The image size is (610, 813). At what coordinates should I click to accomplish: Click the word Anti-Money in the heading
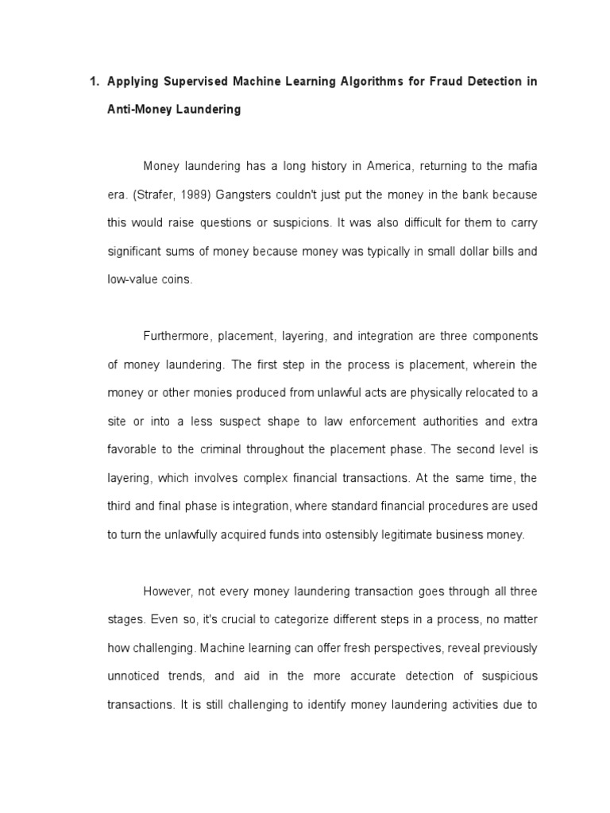(x=139, y=110)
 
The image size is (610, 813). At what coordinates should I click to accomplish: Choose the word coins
(x=175, y=280)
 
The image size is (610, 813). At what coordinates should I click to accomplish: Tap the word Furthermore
(x=176, y=336)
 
